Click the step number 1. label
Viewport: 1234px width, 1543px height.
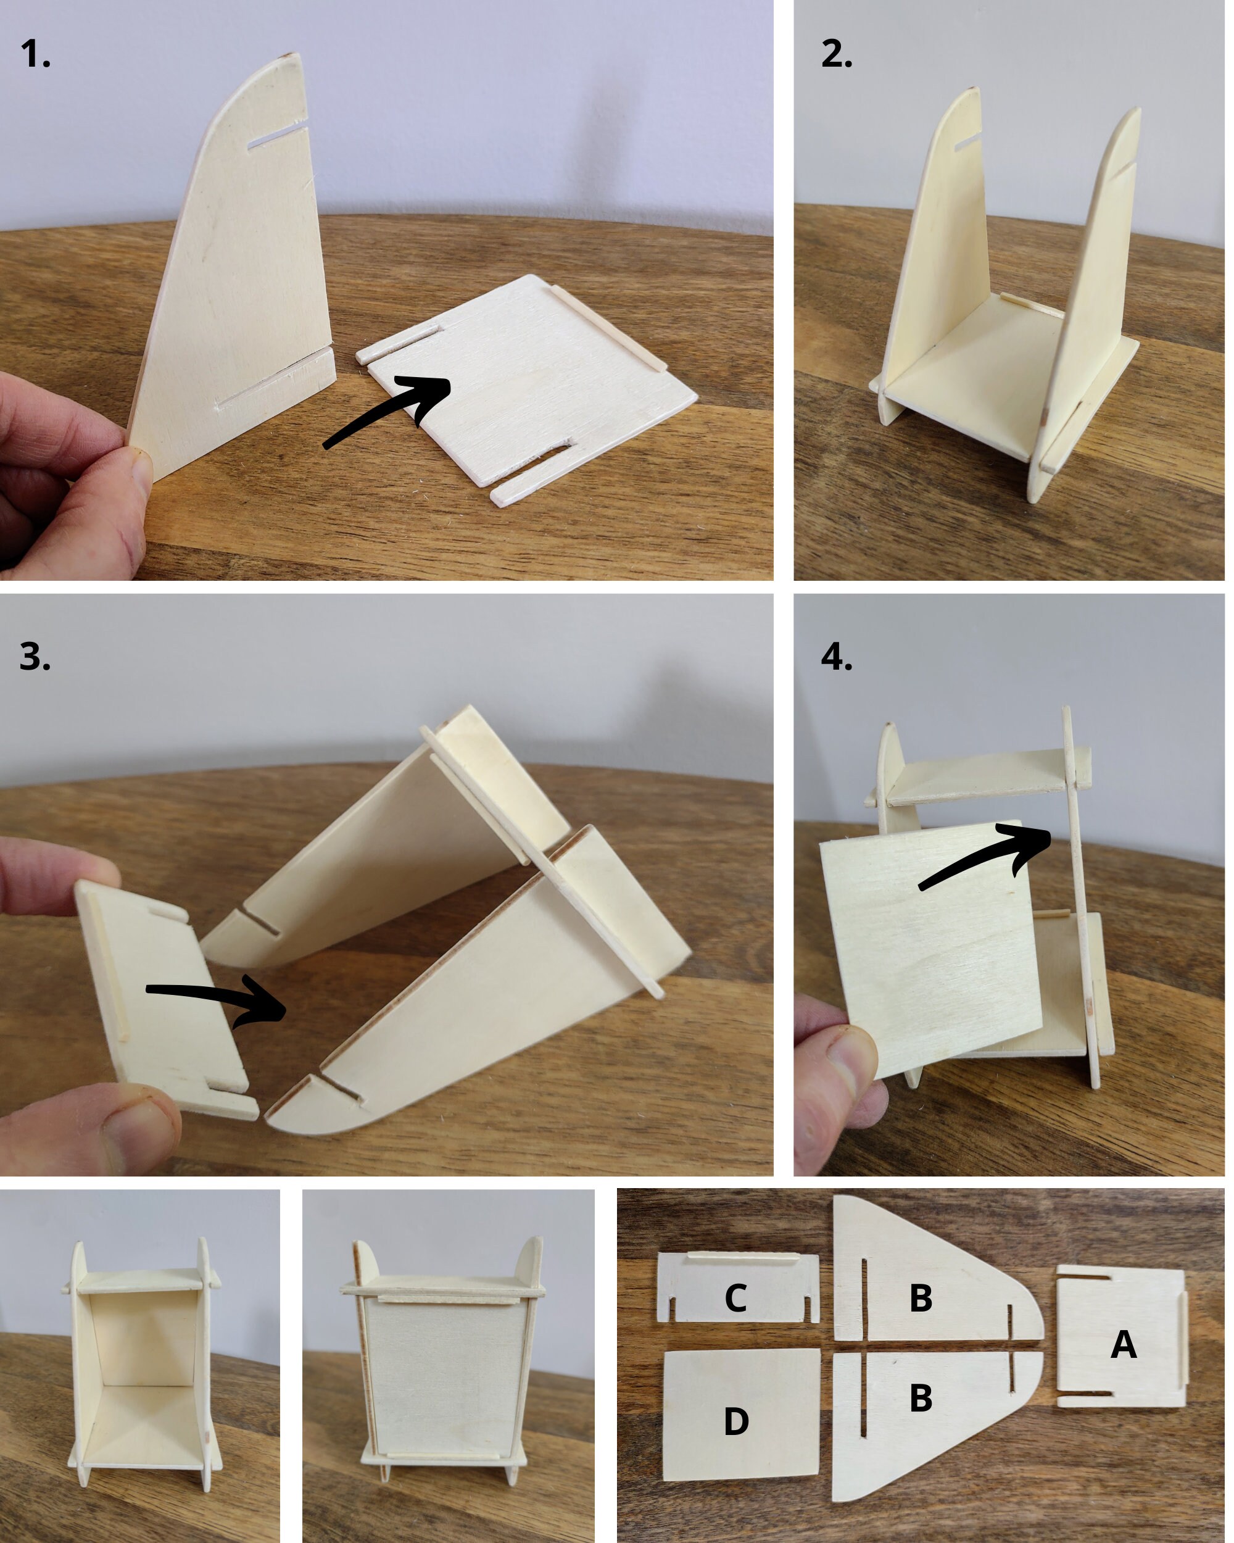(x=35, y=54)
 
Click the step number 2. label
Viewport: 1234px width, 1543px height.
(x=836, y=54)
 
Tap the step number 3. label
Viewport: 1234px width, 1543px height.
(x=35, y=656)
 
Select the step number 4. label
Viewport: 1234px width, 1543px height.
(x=836, y=656)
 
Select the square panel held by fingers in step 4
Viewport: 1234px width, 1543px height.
(x=930, y=945)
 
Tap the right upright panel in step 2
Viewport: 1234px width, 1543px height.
(x=1091, y=301)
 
